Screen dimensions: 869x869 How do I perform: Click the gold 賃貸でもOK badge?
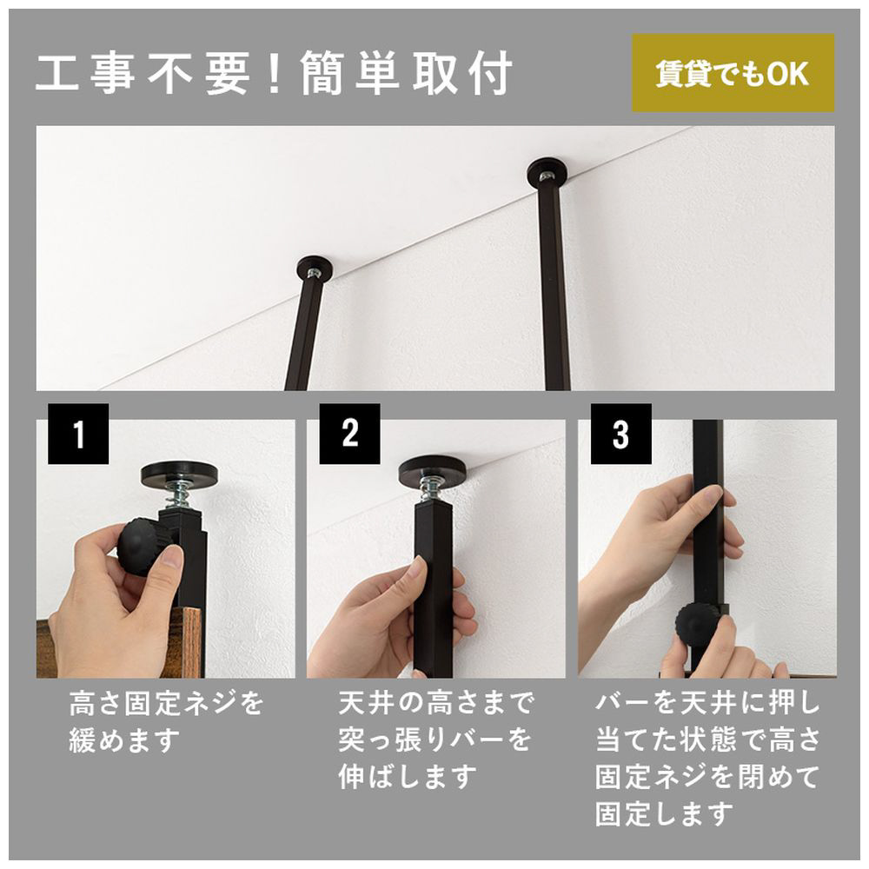733,73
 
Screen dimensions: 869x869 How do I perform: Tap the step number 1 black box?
78,434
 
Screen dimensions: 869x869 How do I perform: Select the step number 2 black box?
349,434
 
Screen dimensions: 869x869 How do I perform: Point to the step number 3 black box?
620,434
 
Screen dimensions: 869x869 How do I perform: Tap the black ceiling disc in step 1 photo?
179,475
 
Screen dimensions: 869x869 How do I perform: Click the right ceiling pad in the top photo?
547,173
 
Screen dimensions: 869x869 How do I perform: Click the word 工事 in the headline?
86,73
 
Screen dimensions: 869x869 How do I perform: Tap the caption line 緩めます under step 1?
124,740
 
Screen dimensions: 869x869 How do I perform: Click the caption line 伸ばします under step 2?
408,777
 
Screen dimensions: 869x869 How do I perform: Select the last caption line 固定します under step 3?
664,813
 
